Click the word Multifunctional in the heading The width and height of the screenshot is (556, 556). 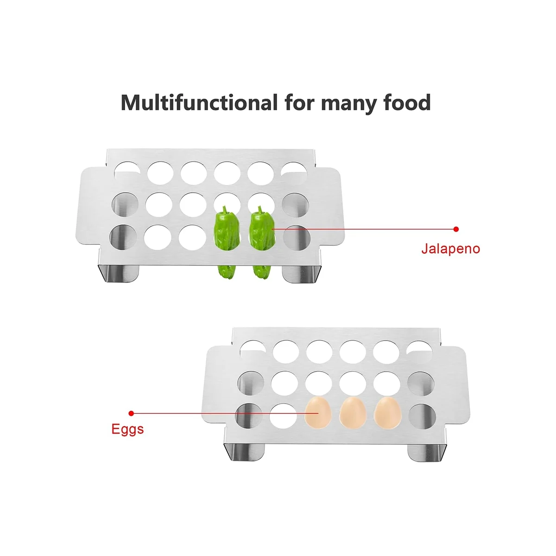coord(199,102)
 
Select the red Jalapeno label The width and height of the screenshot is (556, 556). coord(450,249)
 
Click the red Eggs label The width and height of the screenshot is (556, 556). coord(127,429)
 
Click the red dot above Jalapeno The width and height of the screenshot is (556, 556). coord(456,229)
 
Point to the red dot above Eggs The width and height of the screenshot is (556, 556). coord(131,413)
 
